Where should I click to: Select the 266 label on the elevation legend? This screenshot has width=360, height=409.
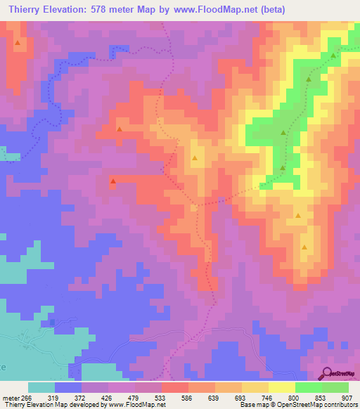[26, 398]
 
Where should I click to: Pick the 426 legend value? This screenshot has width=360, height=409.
[108, 398]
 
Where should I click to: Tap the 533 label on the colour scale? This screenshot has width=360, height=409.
[162, 398]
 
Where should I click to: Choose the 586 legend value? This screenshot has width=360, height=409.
[188, 398]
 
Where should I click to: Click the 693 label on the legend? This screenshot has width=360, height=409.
[243, 398]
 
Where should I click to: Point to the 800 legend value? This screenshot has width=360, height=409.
[295, 398]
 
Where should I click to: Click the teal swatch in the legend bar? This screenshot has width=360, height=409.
[41, 387]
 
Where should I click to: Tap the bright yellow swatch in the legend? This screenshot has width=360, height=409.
[282, 387]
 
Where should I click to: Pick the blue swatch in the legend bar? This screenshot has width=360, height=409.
[68, 387]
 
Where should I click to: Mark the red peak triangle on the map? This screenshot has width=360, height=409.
[112, 182]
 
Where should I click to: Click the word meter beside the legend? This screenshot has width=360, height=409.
[9, 398]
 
